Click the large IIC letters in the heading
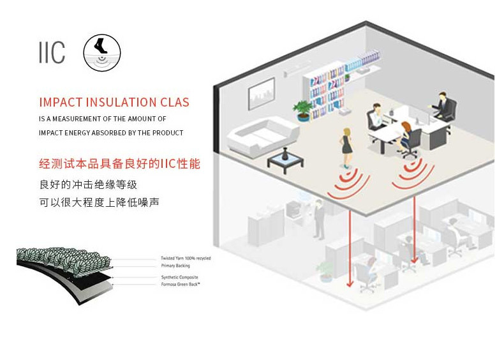coord(52,53)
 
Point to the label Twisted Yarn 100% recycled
coord(186,258)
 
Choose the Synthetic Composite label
coord(179,278)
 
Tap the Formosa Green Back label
coord(181,283)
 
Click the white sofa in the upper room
coord(263,134)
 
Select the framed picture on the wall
coord(262,93)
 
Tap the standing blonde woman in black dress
coord(347,143)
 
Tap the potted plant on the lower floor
coord(325,271)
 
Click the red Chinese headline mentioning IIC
coord(119,164)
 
